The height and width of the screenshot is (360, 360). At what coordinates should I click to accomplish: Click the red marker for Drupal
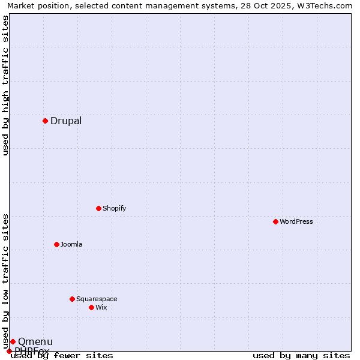(45, 121)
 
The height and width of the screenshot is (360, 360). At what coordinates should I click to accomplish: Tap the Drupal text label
(66, 121)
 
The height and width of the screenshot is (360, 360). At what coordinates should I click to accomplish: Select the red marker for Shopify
(98, 208)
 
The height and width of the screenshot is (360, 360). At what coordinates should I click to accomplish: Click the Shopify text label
(114, 208)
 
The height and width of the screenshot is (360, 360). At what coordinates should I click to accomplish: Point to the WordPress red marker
(275, 221)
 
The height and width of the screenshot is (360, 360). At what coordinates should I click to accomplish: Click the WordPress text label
(296, 221)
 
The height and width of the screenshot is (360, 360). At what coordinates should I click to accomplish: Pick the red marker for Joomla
(56, 244)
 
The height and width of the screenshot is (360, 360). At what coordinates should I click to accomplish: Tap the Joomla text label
(71, 244)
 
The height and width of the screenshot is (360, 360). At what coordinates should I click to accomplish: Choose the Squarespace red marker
(72, 299)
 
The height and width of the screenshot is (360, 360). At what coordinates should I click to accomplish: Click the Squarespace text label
(97, 299)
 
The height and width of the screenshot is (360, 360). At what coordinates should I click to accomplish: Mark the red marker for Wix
(91, 307)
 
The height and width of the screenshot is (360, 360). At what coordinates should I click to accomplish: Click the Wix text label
(101, 307)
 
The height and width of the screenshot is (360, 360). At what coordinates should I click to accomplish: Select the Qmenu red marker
(13, 341)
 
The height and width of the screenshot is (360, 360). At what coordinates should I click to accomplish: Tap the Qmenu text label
(35, 341)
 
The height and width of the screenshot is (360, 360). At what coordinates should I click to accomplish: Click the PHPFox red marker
(9, 351)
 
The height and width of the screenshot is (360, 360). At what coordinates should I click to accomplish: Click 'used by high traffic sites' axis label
(6, 85)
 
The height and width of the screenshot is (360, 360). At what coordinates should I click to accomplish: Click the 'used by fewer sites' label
(62, 355)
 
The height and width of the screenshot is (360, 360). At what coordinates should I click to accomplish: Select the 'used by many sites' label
(301, 355)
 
